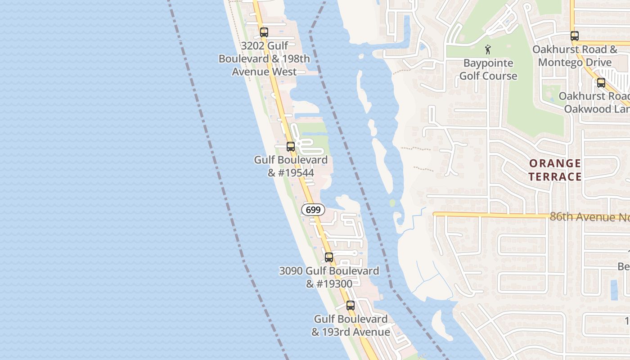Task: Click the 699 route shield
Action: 313,210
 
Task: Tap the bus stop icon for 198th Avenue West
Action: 264,32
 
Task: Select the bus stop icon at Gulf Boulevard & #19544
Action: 291,147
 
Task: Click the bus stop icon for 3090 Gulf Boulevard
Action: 329,257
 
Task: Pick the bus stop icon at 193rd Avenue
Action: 351,305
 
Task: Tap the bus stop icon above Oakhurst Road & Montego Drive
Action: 574,36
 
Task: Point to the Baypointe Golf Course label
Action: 488,69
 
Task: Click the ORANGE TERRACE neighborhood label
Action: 555,170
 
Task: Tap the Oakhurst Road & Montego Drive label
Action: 575,56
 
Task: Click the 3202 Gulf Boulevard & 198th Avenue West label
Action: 265,58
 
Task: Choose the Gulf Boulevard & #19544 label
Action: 291,166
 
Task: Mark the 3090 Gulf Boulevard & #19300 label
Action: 329,277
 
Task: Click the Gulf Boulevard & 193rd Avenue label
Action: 351,325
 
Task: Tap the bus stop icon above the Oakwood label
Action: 601,83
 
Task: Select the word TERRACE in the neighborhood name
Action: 555,176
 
